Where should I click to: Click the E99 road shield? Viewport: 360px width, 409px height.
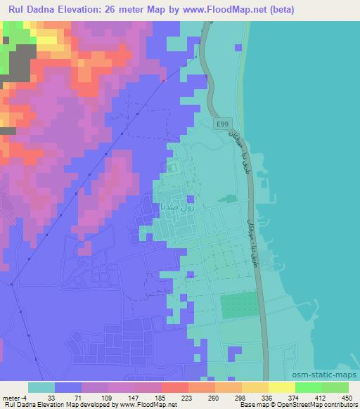[221, 122]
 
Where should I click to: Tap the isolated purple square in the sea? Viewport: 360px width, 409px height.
[239, 48]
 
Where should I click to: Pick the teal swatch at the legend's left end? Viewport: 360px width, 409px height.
[41, 387]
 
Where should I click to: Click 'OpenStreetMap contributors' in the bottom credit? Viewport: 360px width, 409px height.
[317, 405]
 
